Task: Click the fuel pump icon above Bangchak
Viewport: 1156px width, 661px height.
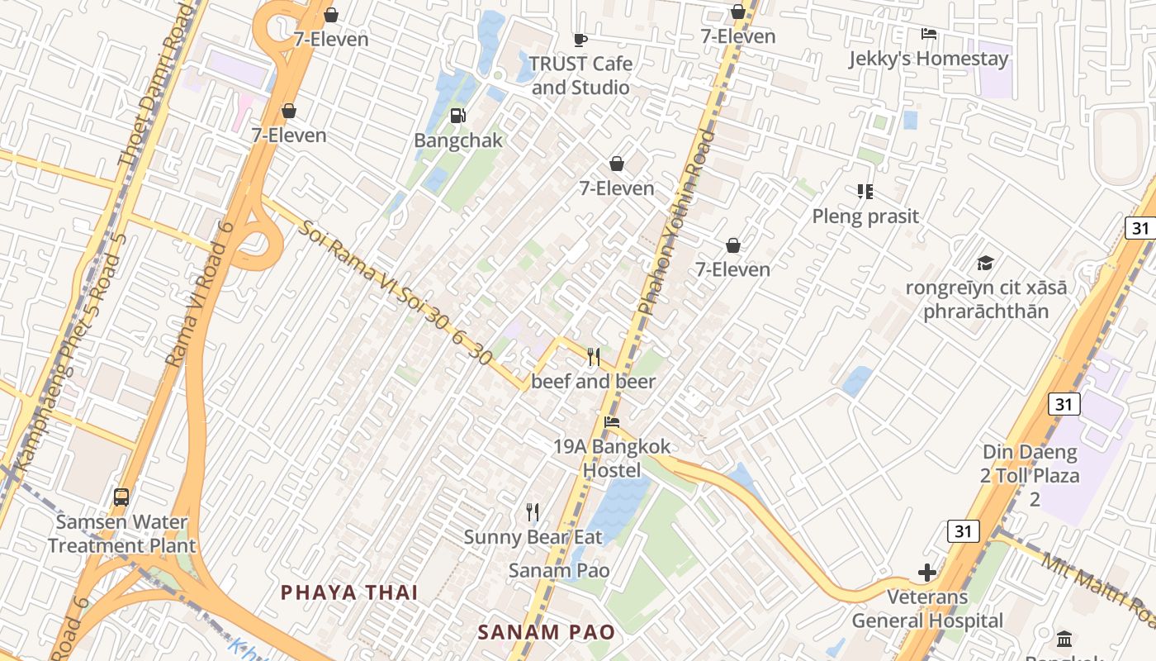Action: [457, 116]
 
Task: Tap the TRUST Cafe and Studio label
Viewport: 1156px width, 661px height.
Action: [580, 75]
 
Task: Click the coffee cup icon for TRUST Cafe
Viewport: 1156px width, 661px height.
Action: [580, 39]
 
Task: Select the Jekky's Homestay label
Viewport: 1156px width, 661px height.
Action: [929, 59]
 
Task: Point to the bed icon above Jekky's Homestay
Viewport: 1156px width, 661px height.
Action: [929, 34]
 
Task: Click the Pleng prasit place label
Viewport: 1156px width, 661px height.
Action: [865, 216]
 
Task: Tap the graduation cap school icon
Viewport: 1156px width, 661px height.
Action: [985, 263]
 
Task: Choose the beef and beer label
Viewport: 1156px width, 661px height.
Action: [593, 381]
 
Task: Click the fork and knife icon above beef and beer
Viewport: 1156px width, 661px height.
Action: [594, 356]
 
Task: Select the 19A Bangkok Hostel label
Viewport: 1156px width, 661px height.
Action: [612, 459]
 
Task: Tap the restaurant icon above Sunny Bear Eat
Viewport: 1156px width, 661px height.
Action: [533, 512]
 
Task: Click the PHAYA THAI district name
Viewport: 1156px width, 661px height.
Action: [349, 592]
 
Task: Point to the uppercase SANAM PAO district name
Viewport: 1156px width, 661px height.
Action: [547, 633]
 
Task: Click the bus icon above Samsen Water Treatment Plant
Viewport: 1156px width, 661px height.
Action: [121, 497]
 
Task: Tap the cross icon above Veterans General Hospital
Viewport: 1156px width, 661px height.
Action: [927, 572]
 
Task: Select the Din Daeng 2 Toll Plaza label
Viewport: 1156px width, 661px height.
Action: [1030, 475]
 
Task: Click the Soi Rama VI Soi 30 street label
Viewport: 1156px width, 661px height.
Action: [396, 294]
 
